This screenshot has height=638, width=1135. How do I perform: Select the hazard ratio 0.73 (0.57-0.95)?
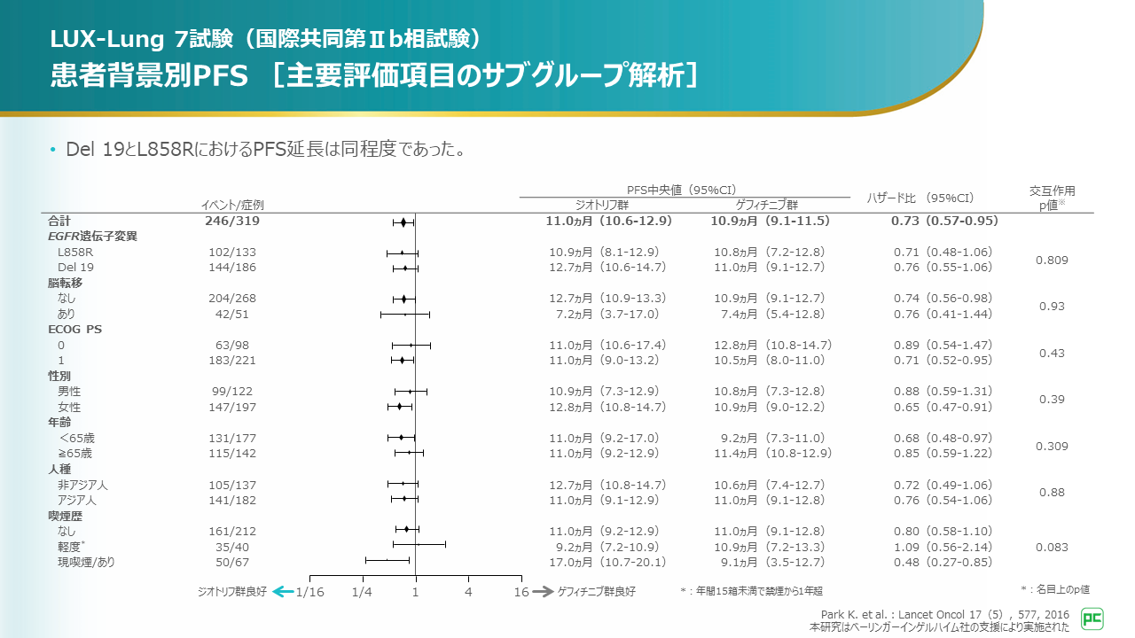(x=944, y=221)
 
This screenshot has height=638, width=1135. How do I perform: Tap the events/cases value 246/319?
(x=233, y=221)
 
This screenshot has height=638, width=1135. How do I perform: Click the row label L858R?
(x=75, y=253)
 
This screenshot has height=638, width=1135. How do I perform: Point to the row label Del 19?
(x=75, y=267)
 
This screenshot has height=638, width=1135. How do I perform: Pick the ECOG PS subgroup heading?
(x=75, y=330)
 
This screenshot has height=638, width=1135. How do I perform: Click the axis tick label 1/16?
(x=310, y=592)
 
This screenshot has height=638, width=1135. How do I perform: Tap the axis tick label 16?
(x=521, y=592)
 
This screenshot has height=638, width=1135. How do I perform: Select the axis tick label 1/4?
(x=362, y=592)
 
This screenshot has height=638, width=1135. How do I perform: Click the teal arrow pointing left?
(x=282, y=591)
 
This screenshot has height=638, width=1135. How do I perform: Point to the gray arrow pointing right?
(x=543, y=591)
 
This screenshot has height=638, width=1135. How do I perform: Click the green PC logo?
(x=1093, y=618)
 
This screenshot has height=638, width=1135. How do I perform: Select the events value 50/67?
(x=233, y=562)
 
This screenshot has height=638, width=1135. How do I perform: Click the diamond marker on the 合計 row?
(x=403, y=222)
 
